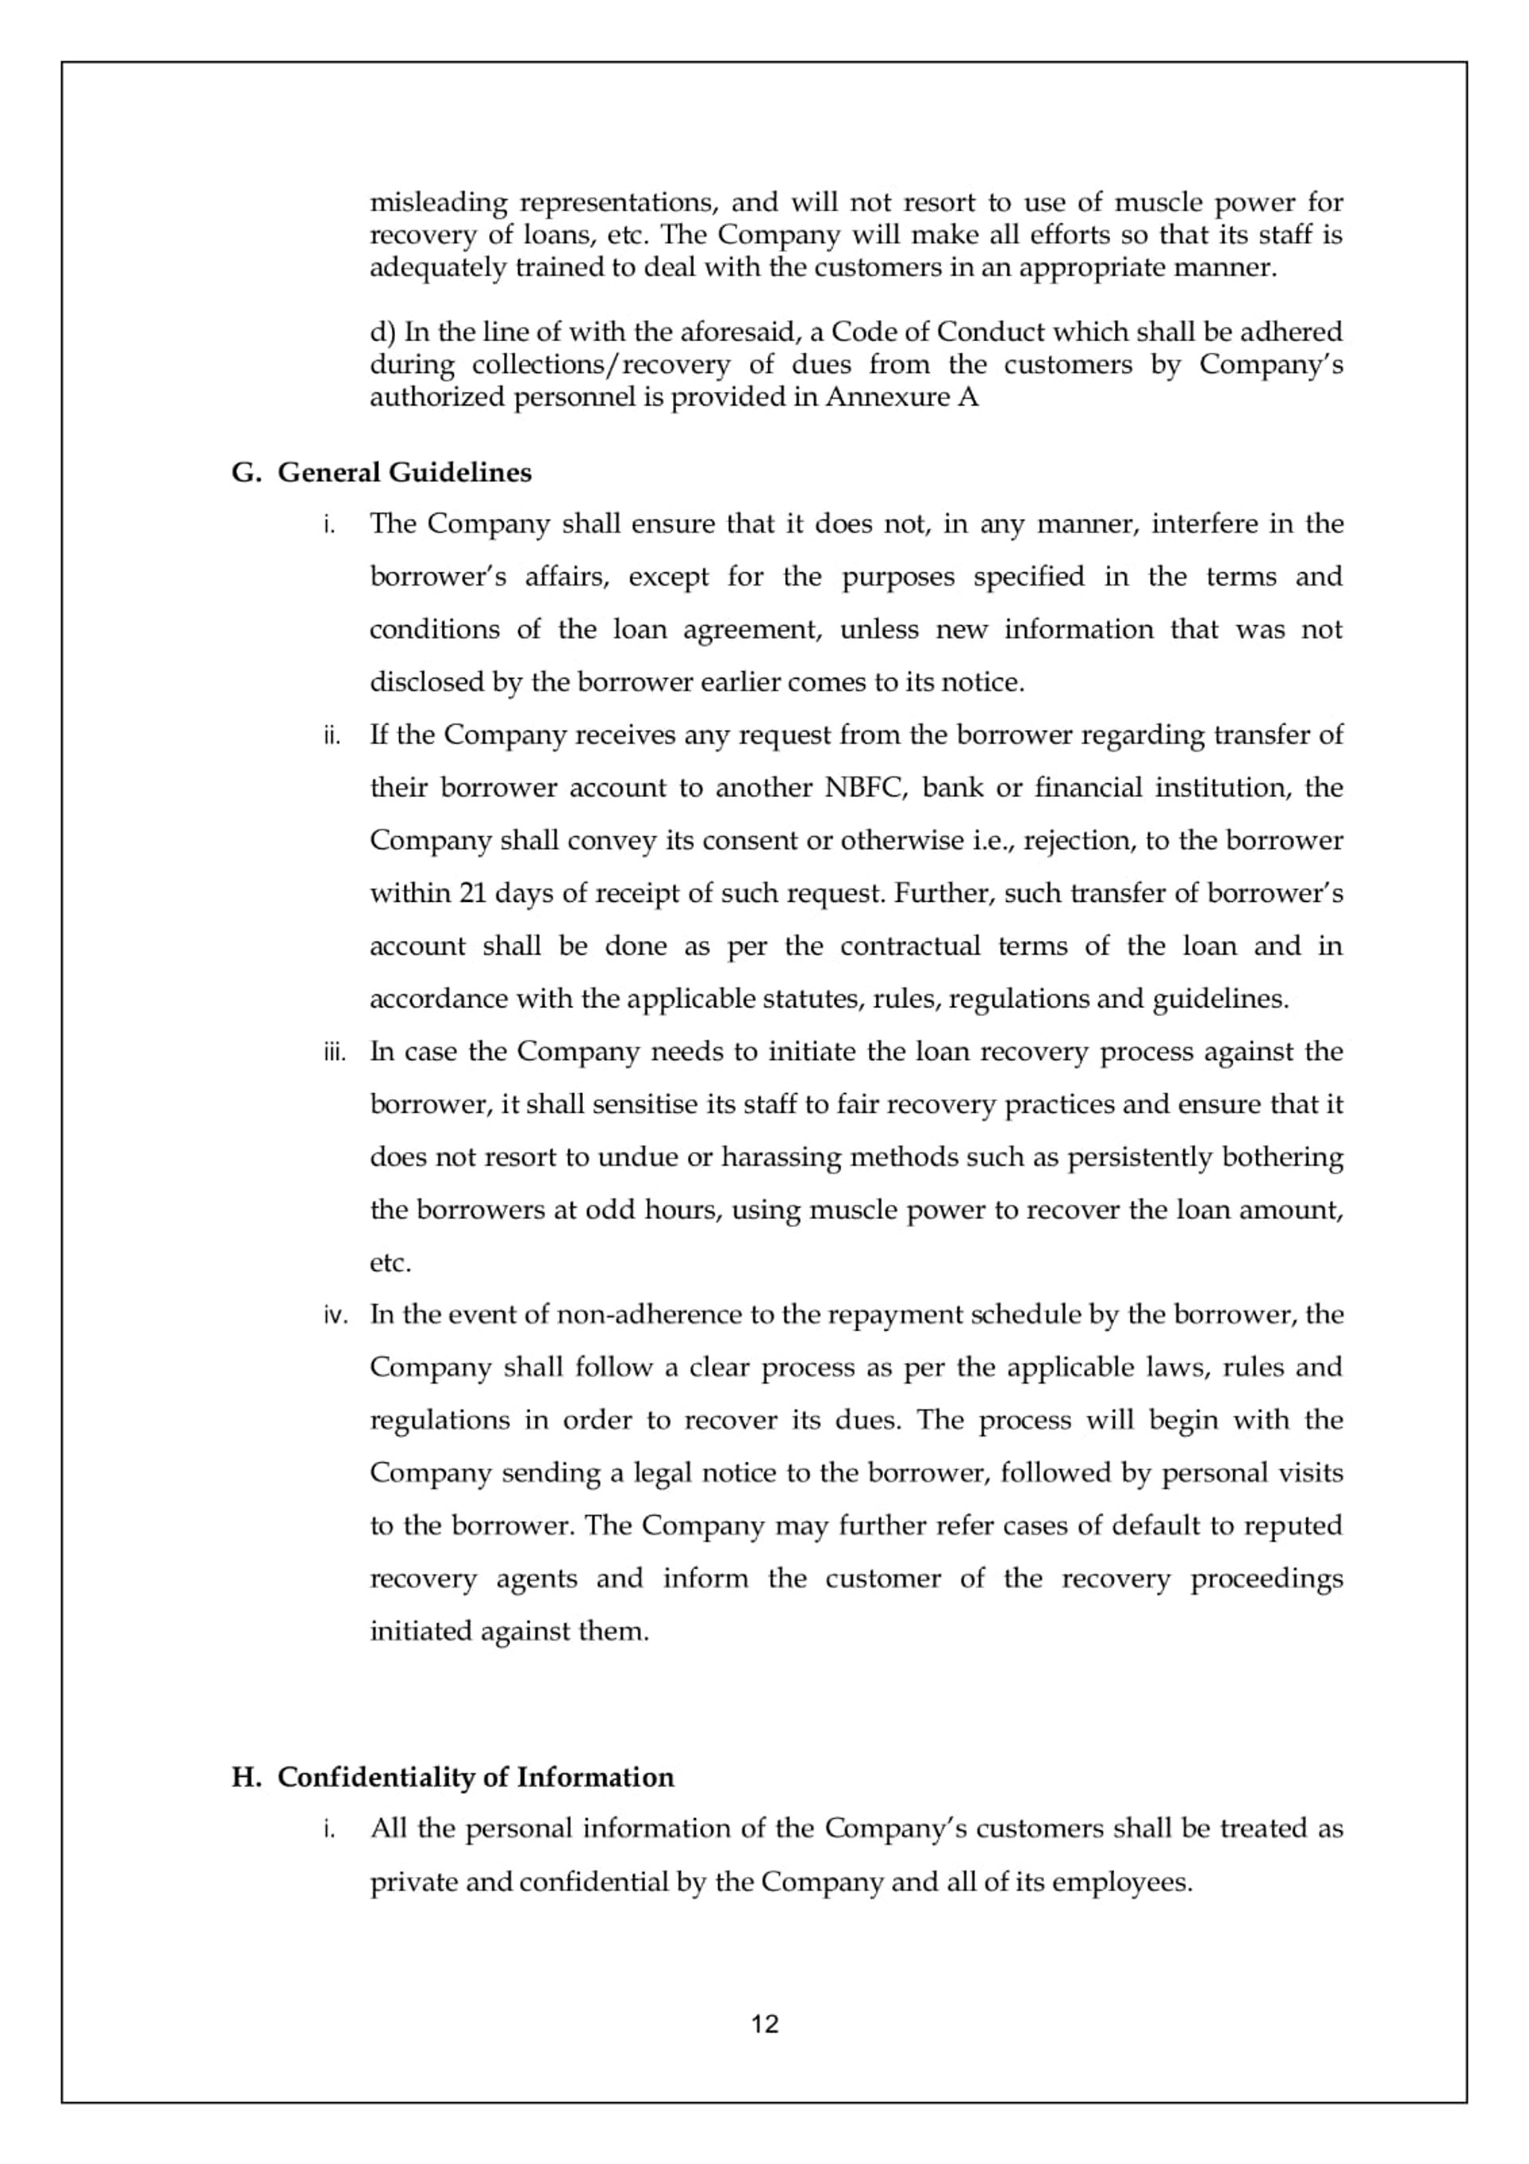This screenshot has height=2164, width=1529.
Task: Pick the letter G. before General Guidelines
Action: click(x=245, y=472)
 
